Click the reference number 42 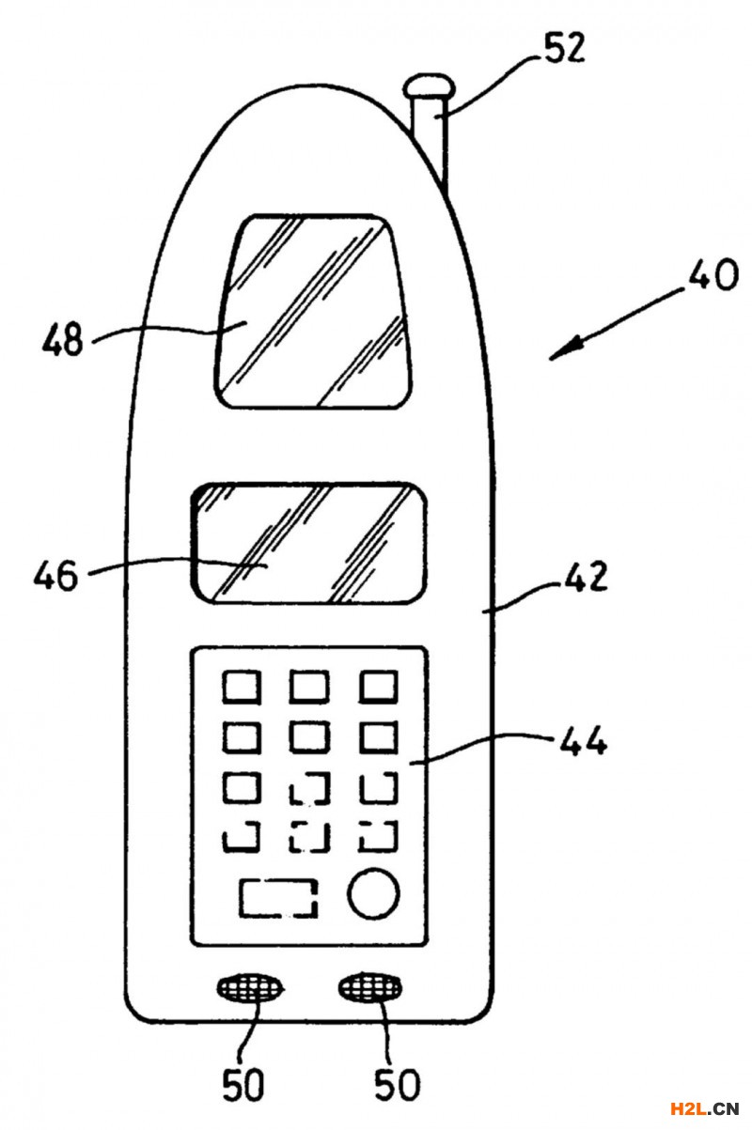pos(586,576)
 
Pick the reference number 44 pos(584,742)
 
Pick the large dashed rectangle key pos(279,898)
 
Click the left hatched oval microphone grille pos(250,987)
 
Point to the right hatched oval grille pos(373,987)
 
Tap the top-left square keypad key pos(241,688)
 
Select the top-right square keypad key pos(379,688)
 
